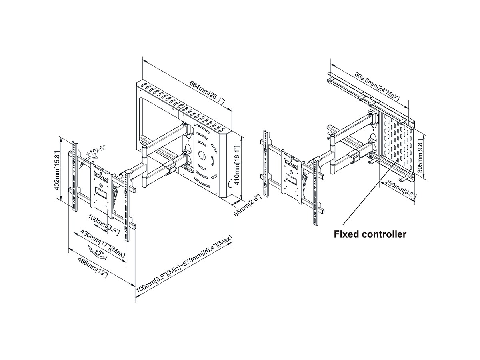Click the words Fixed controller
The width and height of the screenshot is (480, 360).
pyautogui.click(x=370, y=234)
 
